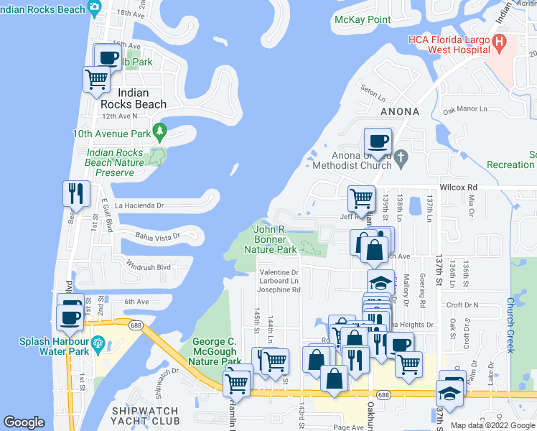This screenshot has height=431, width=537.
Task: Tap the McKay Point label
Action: coord(358,19)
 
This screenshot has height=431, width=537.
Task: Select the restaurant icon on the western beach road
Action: coord(75,193)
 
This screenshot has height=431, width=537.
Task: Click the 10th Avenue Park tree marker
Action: coord(160,132)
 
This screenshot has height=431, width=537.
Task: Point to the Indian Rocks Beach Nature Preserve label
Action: coord(115,157)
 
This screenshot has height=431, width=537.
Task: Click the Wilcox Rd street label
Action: coord(458,187)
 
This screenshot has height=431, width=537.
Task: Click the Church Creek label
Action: coord(510,325)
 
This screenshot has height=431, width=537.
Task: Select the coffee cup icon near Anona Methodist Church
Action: coord(378,140)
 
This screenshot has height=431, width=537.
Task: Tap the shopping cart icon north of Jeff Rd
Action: coord(361,198)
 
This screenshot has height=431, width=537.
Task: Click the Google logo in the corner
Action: coord(24,422)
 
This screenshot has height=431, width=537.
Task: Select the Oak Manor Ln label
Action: coord(464,110)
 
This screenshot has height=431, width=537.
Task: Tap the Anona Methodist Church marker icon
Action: coord(401,156)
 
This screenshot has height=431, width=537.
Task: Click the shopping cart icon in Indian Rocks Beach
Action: coord(96,79)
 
